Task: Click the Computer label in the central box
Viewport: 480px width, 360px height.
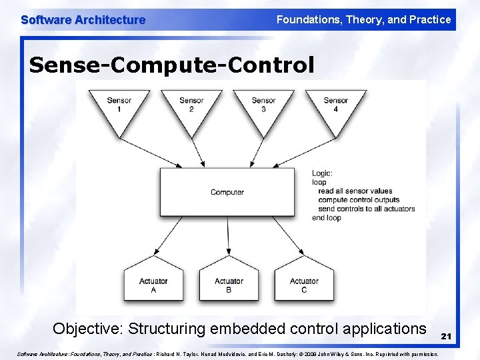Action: click(x=227, y=192)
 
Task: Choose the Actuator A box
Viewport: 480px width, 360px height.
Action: click(x=153, y=285)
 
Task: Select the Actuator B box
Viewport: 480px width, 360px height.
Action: click(x=229, y=285)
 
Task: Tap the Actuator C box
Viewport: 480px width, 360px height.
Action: click(x=304, y=285)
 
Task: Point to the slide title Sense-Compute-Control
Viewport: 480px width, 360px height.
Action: click(x=171, y=65)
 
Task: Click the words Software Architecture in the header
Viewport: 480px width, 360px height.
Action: click(x=83, y=20)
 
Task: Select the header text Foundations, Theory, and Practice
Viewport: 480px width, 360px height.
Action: click(x=363, y=20)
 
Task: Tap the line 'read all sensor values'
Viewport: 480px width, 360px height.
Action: click(x=355, y=191)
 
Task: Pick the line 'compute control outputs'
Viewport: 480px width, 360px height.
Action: click(x=359, y=199)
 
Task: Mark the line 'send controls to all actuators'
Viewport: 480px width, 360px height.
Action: click(x=367, y=209)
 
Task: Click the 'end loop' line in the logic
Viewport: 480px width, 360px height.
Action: click(x=326, y=217)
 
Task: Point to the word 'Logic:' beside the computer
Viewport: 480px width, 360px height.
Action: click(x=322, y=173)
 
